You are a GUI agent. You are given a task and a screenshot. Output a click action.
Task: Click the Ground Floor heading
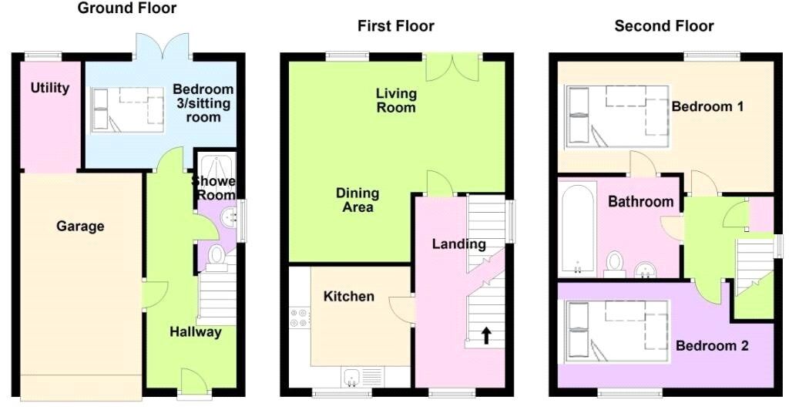tap(127, 8)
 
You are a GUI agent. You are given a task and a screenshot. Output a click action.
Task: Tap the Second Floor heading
tap(663, 25)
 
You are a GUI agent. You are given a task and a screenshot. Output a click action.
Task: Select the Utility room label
tap(50, 88)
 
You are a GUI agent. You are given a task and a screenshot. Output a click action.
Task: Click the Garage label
tap(80, 227)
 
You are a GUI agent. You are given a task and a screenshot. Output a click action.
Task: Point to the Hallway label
tap(195, 332)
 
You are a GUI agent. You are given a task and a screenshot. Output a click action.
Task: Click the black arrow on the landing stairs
tap(486, 335)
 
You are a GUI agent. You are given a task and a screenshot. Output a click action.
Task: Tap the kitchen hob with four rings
tap(299, 318)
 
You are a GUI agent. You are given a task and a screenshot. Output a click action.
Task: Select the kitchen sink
tap(351, 378)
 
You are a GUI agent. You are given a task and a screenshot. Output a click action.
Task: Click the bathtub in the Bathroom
tap(578, 230)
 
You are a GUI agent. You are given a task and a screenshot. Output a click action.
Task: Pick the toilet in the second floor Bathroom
tap(614, 264)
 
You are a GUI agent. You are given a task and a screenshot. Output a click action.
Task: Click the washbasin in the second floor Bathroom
tap(645, 270)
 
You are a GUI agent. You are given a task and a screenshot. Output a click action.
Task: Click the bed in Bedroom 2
tap(617, 331)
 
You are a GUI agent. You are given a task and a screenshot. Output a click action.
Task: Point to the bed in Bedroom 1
tap(617, 116)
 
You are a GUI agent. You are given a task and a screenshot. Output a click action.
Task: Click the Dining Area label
tap(358, 200)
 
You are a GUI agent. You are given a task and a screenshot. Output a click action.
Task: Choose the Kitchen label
tap(349, 296)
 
